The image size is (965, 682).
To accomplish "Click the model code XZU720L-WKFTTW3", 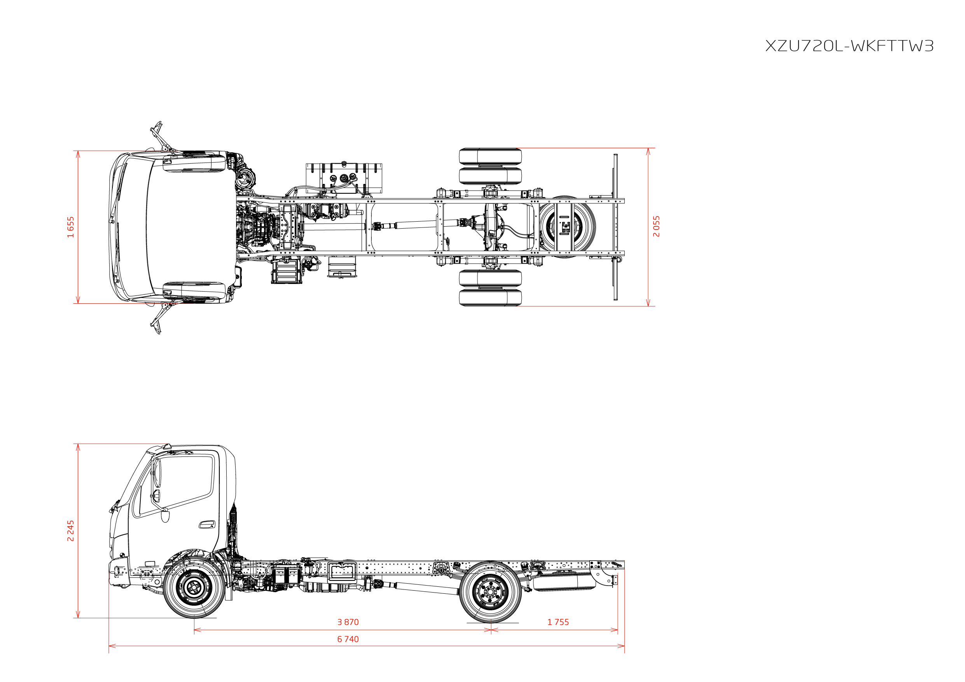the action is tap(849, 46).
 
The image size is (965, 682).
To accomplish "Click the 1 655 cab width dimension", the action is tap(71, 227).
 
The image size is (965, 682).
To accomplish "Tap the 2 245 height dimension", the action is tap(71, 531).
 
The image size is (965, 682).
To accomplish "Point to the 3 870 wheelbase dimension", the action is tap(348, 622).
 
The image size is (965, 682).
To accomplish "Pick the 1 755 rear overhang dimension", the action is tap(558, 622).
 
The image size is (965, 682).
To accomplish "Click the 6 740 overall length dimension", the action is tap(348, 639).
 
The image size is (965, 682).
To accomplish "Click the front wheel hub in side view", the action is tap(194, 588).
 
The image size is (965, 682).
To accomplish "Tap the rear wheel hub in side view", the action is tap(490, 592).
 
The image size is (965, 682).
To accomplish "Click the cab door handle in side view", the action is tap(207, 524).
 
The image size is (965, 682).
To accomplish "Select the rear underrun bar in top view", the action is tap(615, 227).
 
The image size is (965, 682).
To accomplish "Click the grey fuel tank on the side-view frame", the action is tap(342, 572).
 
